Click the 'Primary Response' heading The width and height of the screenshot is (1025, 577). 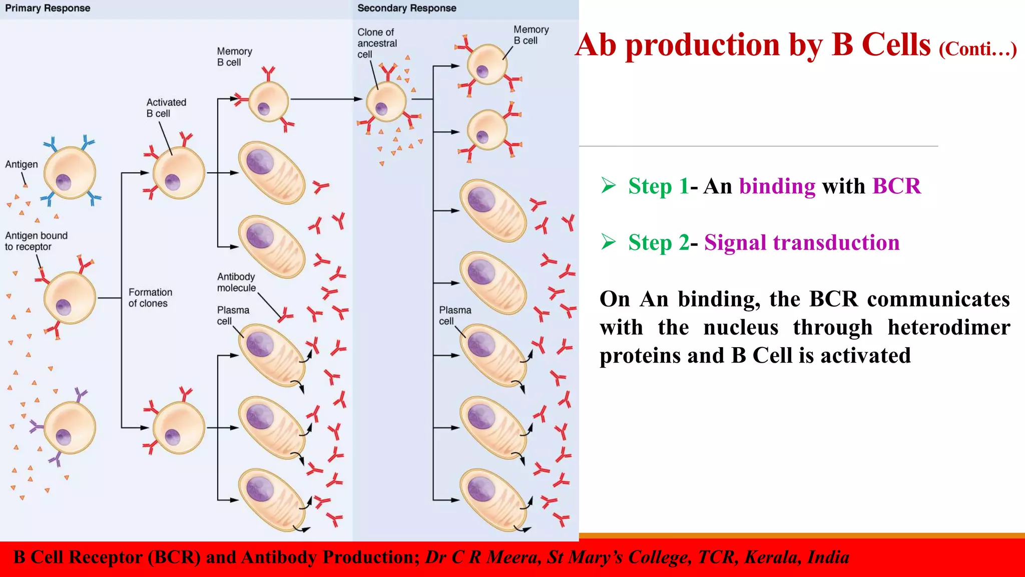tap(48, 8)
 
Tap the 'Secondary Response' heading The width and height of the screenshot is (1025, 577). tap(406, 8)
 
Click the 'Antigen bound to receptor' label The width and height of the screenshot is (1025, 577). tap(36, 241)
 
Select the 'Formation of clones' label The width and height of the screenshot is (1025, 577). tap(150, 298)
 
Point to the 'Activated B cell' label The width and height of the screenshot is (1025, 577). tap(166, 108)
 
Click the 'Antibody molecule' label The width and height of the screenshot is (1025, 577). tap(236, 282)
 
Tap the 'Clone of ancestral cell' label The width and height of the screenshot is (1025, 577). tap(377, 43)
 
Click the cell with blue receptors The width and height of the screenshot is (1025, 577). tap(70, 172)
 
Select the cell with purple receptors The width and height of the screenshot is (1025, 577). tap(70, 427)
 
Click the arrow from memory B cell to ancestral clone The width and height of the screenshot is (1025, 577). tap(325, 99)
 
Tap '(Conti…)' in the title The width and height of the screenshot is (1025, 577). tap(977, 49)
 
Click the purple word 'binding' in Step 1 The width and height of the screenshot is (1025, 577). tap(777, 186)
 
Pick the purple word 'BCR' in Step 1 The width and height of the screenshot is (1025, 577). tap(896, 186)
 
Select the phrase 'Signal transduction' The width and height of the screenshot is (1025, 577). tap(802, 243)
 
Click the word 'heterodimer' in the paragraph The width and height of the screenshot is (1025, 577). tap(949, 328)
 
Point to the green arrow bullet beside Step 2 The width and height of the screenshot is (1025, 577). tap(609, 242)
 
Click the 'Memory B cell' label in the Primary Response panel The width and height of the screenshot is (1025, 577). tap(234, 57)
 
